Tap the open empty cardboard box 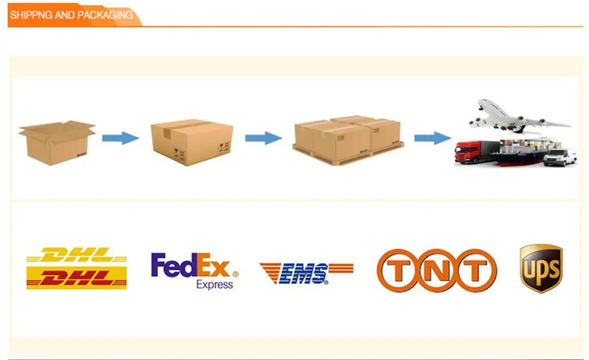(x=56, y=142)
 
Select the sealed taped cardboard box (x=191, y=142)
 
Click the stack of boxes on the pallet (x=348, y=139)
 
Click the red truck (x=473, y=152)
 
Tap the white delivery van (x=560, y=157)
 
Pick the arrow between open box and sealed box (x=120, y=138)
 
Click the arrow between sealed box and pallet (x=263, y=138)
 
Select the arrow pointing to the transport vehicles (x=432, y=138)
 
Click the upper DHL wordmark (x=76, y=254)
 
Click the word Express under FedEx (x=214, y=284)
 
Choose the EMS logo (x=306, y=273)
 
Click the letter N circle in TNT (x=436, y=270)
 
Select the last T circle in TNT (x=476, y=270)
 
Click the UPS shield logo (x=541, y=268)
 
